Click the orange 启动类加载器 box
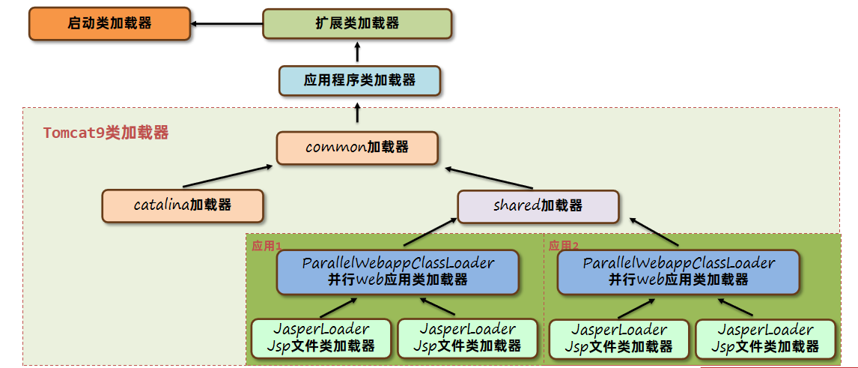[109, 23]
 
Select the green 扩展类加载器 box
[357, 23]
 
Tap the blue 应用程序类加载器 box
[359, 80]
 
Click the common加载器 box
[357, 148]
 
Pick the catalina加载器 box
[183, 205]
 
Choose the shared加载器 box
[538, 205]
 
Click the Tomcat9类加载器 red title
[106, 133]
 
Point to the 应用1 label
[266, 245]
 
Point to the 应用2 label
[563, 245]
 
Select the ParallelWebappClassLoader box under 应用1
[398, 271]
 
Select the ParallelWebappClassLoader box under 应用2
[678, 271]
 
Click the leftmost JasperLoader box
[321, 337]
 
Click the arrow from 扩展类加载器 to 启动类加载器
[227, 23]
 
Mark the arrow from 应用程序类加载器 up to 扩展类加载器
[357, 52]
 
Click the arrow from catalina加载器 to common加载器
[227, 175]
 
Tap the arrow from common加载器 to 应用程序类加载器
[357, 113]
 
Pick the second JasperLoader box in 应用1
[467, 337]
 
